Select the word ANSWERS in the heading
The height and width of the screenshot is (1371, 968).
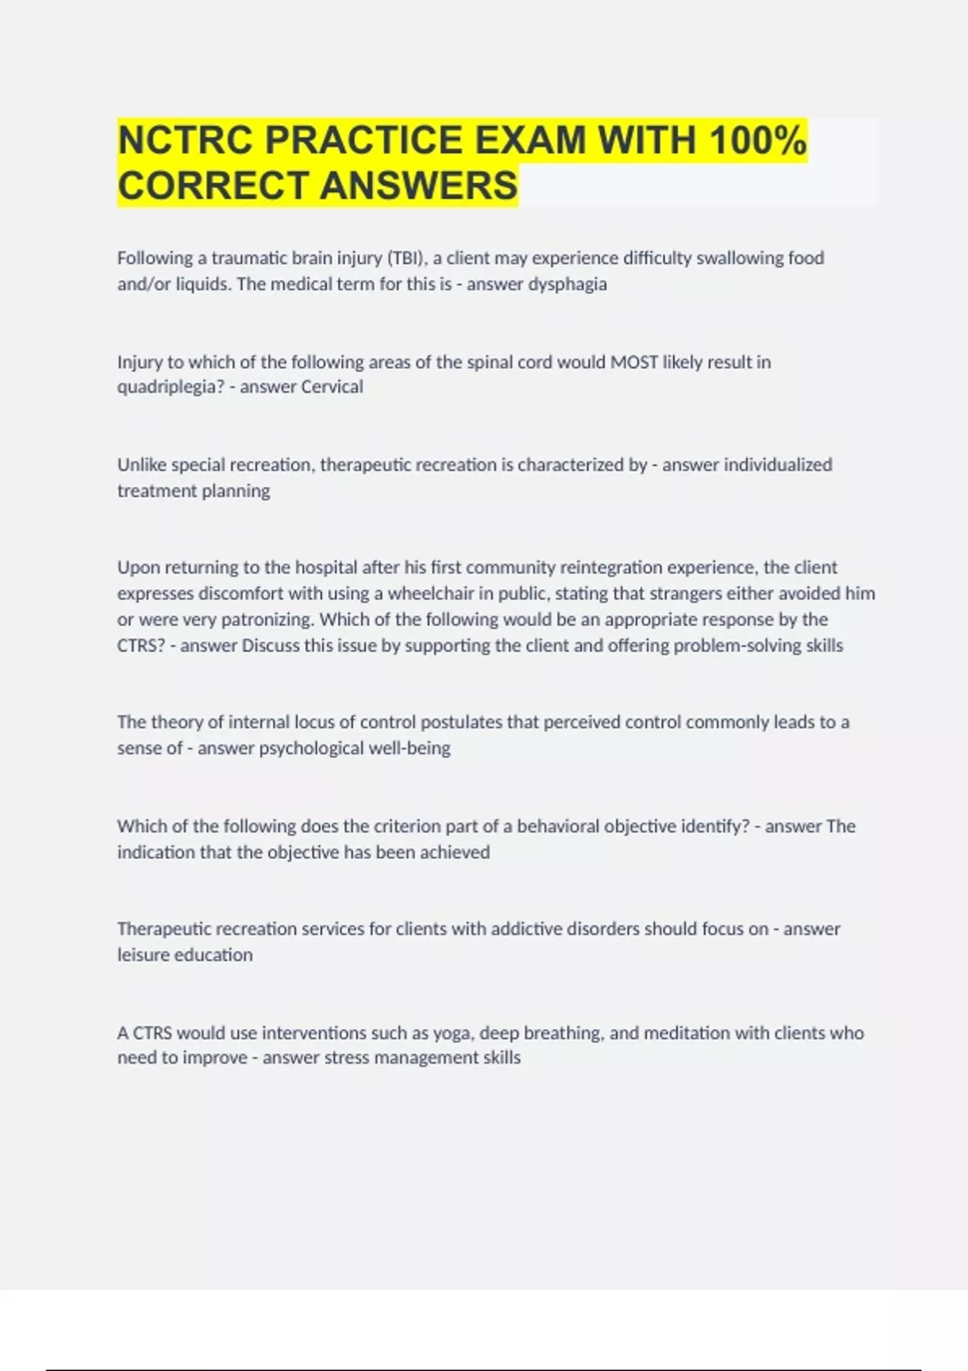coord(419,185)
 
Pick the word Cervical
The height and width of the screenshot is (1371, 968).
coord(332,387)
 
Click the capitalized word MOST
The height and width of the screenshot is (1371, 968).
coord(634,362)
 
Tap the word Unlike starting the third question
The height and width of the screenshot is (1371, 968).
coord(142,465)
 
